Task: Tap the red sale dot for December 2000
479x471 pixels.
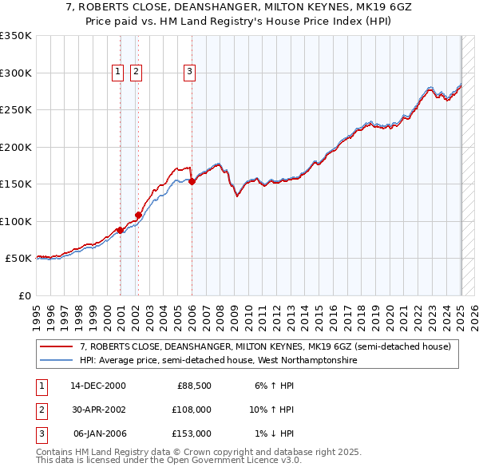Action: point(120,230)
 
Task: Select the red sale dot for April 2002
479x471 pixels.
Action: point(138,215)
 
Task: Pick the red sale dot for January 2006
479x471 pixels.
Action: point(192,182)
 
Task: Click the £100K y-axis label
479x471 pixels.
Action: point(16,221)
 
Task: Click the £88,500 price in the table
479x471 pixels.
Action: point(194,386)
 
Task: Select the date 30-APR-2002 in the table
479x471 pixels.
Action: point(99,410)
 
